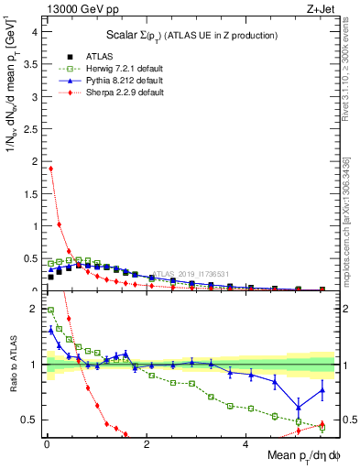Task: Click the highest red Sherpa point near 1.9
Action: [x=50, y=169]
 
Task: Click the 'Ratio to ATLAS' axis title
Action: [x=12, y=365]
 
